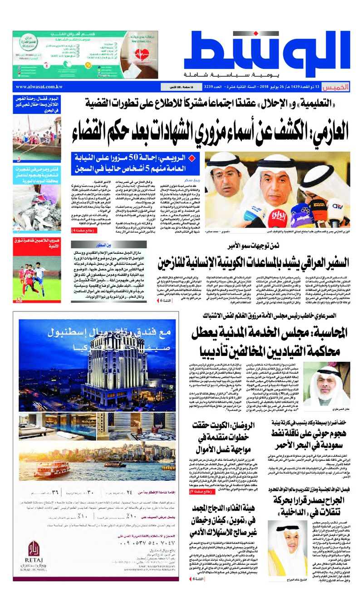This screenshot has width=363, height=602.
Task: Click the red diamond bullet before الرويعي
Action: pyautogui.click(x=191, y=158)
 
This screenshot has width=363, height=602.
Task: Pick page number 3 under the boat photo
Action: pyautogui.click(x=19, y=159)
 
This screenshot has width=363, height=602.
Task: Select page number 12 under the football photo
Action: pyautogui.click(x=19, y=300)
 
